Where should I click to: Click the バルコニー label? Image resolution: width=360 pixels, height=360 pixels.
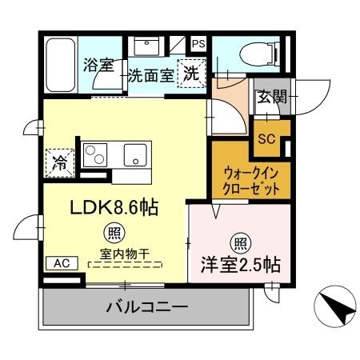147,307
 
